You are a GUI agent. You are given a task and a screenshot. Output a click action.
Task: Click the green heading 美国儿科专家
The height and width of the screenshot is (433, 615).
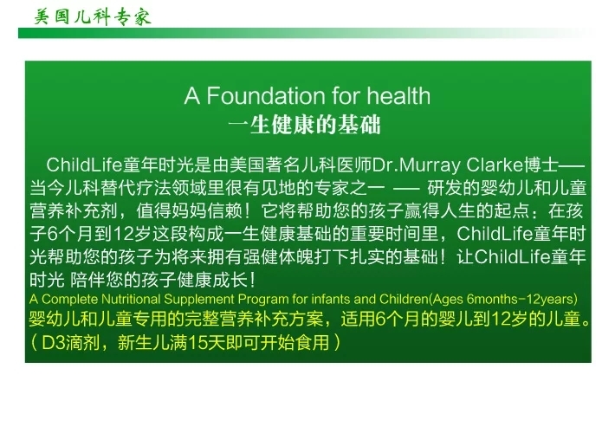tap(93, 17)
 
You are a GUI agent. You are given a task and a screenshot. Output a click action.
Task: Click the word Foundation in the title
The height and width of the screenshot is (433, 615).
tap(266, 96)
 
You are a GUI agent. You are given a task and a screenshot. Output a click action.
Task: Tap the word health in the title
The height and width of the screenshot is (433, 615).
tap(398, 96)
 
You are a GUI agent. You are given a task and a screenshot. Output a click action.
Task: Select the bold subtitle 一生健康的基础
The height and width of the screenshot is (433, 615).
tap(304, 125)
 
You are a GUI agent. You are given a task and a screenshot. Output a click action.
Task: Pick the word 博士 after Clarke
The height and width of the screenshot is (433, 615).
tap(541, 165)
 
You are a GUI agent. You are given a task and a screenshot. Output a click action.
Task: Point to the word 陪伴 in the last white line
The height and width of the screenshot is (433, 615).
tap(88, 280)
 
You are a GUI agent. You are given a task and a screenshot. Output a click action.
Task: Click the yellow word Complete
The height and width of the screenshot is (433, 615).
tap(69, 300)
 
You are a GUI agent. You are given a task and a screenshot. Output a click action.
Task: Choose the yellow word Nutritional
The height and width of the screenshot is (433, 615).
tap(131, 300)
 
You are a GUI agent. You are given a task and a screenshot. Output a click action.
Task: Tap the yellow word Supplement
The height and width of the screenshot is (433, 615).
tap(199, 300)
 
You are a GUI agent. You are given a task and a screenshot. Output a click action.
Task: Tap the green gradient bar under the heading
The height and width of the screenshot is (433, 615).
tap(306, 33)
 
